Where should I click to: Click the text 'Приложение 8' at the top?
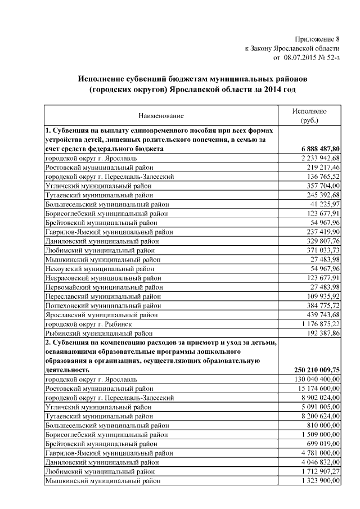(318, 39)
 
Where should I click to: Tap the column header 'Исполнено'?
(309, 111)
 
